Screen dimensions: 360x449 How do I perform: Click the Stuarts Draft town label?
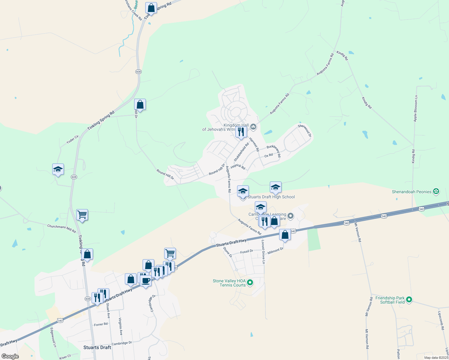[97, 347]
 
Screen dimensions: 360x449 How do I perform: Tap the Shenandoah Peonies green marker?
[436, 191]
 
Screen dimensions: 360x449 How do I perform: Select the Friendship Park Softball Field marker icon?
[409, 300]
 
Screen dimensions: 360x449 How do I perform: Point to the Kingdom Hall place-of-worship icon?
[253, 127]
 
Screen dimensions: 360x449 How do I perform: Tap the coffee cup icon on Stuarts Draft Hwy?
[146, 281]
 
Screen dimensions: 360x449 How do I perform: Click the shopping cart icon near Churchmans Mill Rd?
[82, 215]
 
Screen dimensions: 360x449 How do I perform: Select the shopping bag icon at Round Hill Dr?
[140, 105]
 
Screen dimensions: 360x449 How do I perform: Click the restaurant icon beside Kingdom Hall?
[241, 132]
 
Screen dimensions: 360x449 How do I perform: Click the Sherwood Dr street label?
[305, 130]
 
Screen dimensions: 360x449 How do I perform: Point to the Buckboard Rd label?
[273, 151]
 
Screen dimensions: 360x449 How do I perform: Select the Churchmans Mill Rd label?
[62, 228]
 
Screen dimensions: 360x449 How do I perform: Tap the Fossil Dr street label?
[247, 251]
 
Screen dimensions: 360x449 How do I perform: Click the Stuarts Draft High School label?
[271, 197]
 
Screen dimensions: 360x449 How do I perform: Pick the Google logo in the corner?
[10, 356]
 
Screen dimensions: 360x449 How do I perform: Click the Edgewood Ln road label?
[53, 337]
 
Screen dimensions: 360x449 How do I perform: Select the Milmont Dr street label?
[275, 251]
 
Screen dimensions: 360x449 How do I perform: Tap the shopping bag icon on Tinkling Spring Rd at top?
[151, 8]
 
